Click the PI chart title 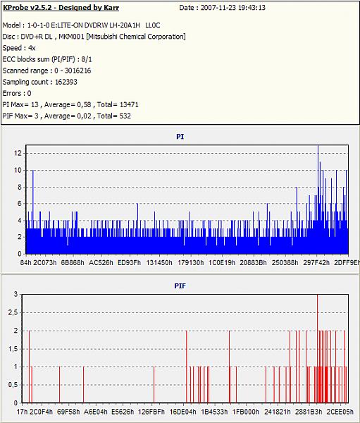180,137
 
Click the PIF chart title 180,286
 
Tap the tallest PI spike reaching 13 318,200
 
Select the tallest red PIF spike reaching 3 318,348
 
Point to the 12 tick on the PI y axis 18,153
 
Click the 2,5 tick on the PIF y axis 13,312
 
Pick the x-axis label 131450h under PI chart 159,262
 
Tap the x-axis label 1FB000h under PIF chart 246,412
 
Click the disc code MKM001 71,37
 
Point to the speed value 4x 32,48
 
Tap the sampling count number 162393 66,82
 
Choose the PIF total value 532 125,116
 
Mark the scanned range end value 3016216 77,70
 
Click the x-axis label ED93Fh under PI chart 129,262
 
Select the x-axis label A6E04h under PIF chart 96,412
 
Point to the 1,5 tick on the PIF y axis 13,349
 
